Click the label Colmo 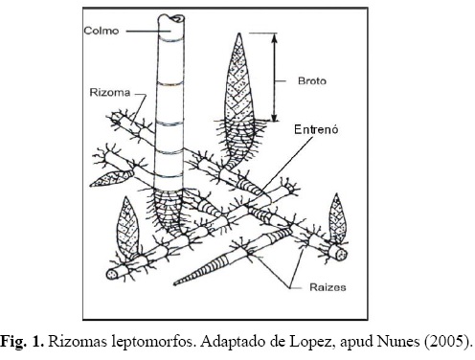tap(102, 31)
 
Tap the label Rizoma tap(110, 93)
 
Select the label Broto tap(312, 81)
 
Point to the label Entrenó tap(316, 129)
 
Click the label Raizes tap(328, 287)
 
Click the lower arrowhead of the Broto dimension tap(274, 116)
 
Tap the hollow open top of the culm tap(171, 18)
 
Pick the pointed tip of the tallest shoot tap(239, 34)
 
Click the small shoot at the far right tap(337, 218)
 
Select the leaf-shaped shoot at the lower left tap(127, 227)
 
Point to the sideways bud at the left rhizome tap(111, 178)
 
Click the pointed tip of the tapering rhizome tap(175, 283)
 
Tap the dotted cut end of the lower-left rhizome tap(112, 274)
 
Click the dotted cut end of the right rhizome tap(342, 255)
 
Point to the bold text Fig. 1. tap(22, 341)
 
